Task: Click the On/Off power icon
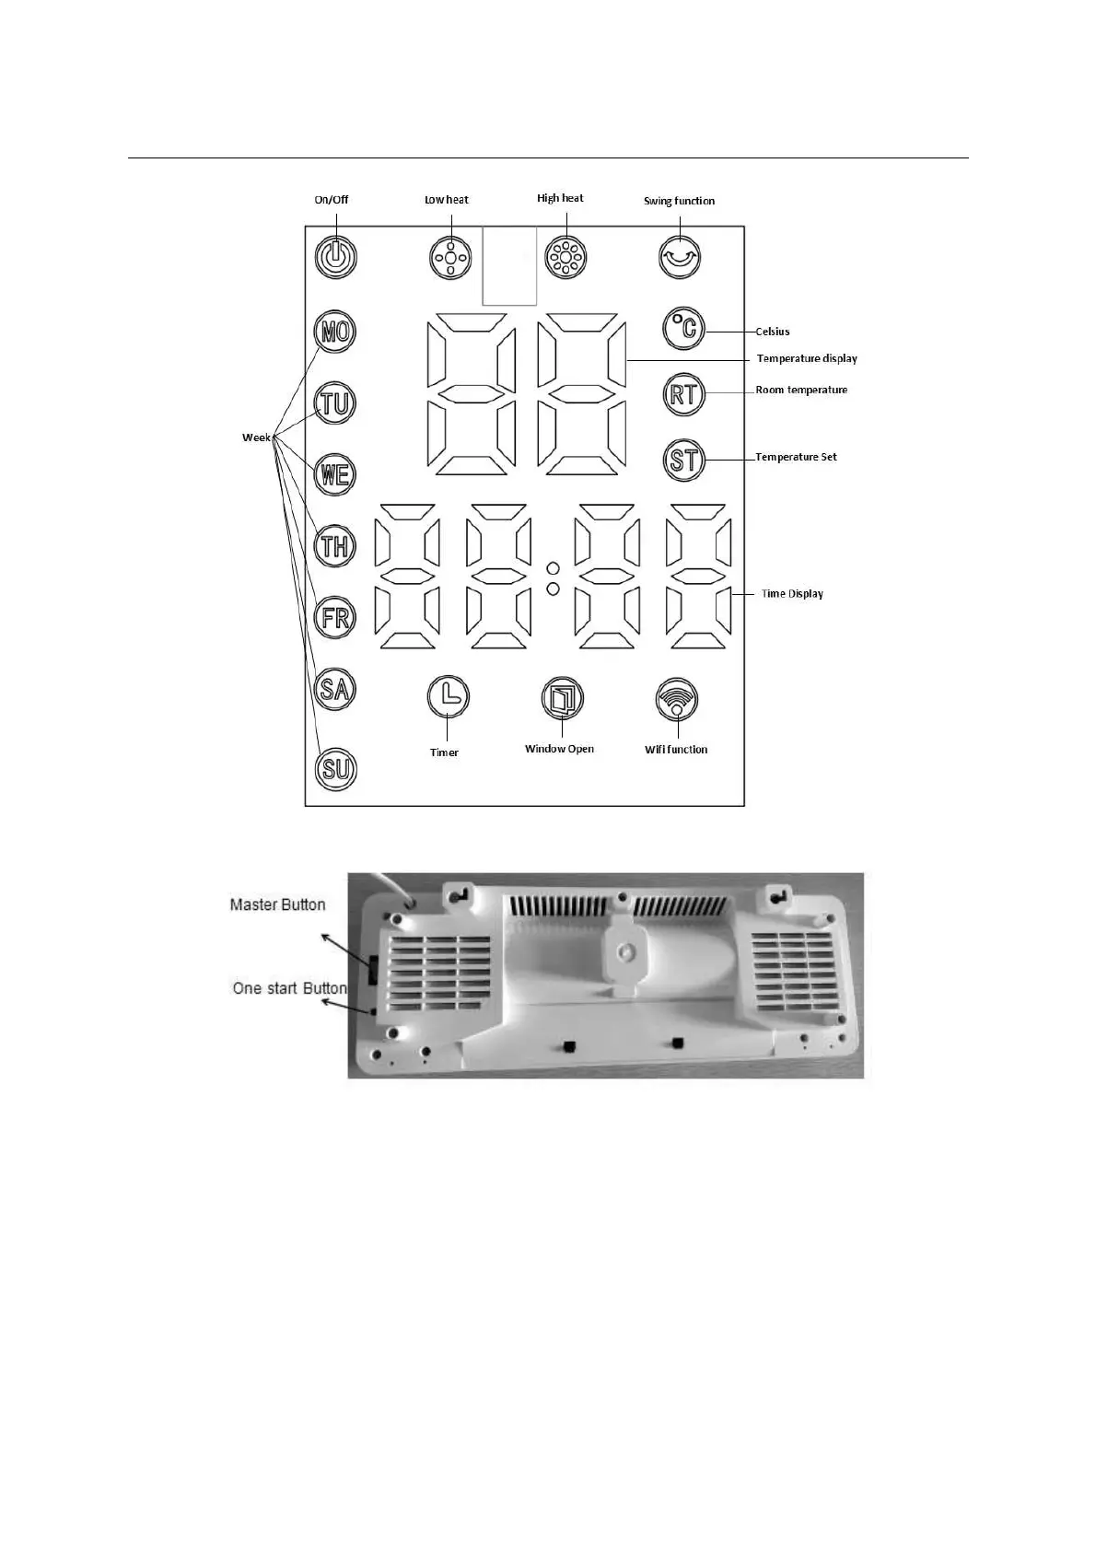[x=336, y=257]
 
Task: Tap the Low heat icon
[x=450, y=258]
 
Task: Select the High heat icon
[x=565, y=258]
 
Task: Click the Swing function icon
[x=680, y=258]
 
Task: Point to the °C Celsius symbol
[x=683, y=329]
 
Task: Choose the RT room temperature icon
[x=683, y=395]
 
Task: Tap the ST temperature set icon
[x=683, y=460]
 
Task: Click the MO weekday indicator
[x=335, y=332]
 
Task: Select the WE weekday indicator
[x=335, y=475]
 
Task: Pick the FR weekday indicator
[x=335, y=617]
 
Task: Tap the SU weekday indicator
[x=335, y=769]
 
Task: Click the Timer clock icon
[x=449, y=697]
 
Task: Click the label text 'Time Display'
[x=792, y=594]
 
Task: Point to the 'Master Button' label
[x=277, y=905]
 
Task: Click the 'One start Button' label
[x=289, y=988]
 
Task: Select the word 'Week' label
[x=256, y=437]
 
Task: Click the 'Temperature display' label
[x=807, y=358]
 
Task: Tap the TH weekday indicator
[x=335, y=546]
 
